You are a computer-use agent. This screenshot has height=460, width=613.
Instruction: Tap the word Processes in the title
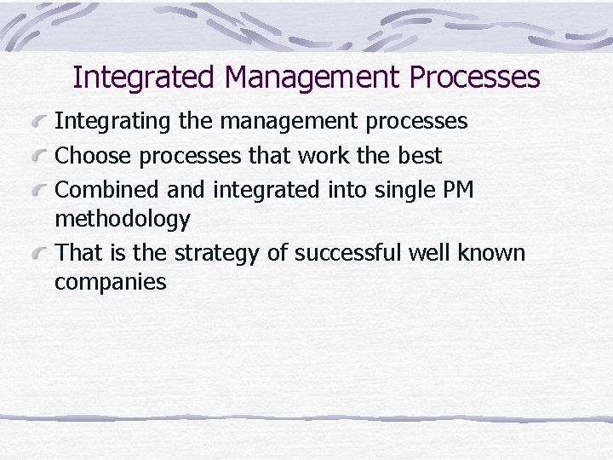[474, 78]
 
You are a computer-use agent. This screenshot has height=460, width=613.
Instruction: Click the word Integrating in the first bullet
[113, 122]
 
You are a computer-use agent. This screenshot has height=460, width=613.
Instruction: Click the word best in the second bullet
[420, 156]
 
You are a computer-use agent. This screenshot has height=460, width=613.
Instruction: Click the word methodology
[123, 220]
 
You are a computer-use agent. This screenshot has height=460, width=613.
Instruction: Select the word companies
[111, 282]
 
